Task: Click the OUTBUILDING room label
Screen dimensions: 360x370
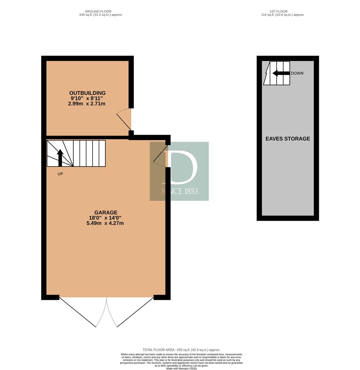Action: (x=87, y=93)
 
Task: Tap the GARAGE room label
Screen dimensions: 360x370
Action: (x=106, y=212)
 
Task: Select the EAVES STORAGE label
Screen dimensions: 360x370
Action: (x=288, y=139)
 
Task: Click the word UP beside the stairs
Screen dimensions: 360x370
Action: (x=60, y=174)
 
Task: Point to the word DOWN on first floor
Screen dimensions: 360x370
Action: (x=297, y=73)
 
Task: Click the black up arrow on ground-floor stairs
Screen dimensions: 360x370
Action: (x=60, y=158)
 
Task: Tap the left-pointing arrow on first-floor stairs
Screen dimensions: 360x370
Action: (x=281, y=73)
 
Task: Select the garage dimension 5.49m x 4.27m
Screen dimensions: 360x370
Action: (x=105, y=223)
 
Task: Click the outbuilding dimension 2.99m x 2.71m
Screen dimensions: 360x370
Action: (x=87, y=103)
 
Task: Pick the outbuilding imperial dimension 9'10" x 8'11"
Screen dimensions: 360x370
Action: (x=87, y=98)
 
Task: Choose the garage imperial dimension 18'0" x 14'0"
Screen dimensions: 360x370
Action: (x=105, y=218)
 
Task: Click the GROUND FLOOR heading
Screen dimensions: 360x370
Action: (x=98, y=11)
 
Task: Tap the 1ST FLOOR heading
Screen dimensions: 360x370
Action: (x=278, y=11)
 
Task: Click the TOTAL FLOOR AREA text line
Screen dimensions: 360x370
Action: (x=181, y=350)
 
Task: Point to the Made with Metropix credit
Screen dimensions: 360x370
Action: (x=181, y=368)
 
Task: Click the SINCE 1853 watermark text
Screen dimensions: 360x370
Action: (x=179, y=191)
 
